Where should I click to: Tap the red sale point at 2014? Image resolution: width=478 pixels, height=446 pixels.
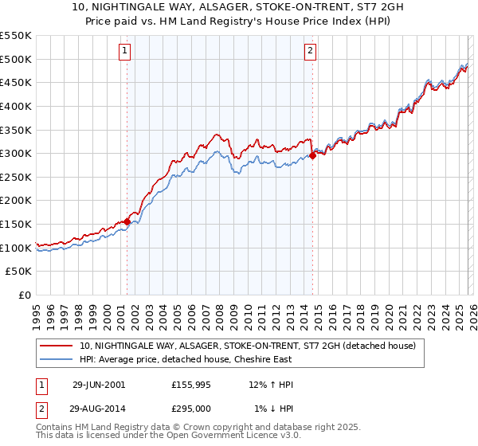tap(312, 155)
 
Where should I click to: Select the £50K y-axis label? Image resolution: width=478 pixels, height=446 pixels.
tap(19, 272)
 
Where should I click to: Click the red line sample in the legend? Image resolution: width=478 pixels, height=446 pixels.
tap(56, 346)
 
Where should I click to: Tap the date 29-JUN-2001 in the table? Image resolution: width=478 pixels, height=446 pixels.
tap(99, 385)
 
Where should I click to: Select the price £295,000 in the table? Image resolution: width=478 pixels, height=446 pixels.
tap(191, 409)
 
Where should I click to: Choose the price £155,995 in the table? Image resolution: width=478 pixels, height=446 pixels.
tap(191, 385)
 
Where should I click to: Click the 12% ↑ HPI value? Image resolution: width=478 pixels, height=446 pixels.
tap(272, 385)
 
